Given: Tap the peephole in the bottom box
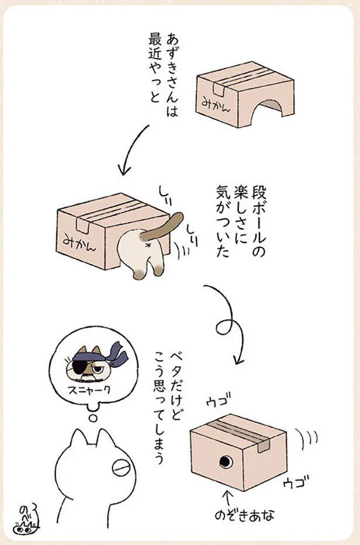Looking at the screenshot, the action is [x=225, y=461].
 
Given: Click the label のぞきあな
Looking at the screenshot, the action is [x=244, y=515].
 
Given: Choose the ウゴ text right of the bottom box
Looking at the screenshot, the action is [x=296, y=482].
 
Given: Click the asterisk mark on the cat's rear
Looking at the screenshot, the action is [x=149, y=245].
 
